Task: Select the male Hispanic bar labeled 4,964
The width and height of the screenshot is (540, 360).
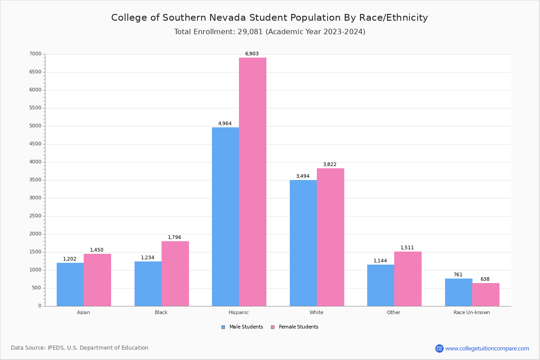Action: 225,216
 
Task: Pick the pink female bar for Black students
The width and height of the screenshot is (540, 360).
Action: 175,274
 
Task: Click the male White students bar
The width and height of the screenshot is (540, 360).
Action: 303,243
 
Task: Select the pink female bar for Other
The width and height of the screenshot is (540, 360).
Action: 408,279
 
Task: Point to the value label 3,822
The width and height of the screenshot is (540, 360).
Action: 329,165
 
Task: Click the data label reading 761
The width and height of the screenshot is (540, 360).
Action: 458,275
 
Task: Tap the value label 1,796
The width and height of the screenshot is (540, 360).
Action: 175,238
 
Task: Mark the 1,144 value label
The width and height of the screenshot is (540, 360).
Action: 380,261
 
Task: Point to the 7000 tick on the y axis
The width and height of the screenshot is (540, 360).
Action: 36,54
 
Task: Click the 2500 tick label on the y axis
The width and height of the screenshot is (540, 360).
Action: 36,216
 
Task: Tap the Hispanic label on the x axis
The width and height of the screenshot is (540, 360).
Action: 238,312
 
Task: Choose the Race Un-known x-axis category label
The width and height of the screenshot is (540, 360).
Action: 472,312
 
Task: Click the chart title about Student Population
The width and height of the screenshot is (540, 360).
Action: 270,18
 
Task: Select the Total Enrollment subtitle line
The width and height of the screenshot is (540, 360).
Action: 270,32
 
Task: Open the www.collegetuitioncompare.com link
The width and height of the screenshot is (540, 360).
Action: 487,348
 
